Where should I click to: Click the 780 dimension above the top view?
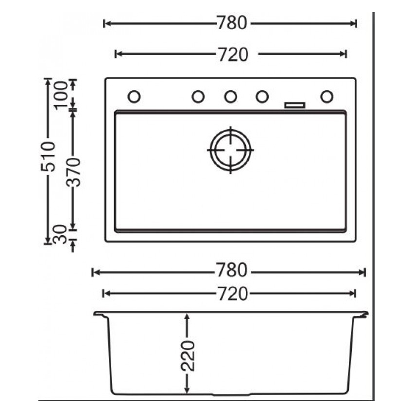click(x=232, y=23)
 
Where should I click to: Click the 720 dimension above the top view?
click(x=232, y=54)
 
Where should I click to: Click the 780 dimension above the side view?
click(x=232, y=271)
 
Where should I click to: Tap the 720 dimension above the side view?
click(x=232, y=293)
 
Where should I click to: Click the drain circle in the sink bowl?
click(x=230, y=150)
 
